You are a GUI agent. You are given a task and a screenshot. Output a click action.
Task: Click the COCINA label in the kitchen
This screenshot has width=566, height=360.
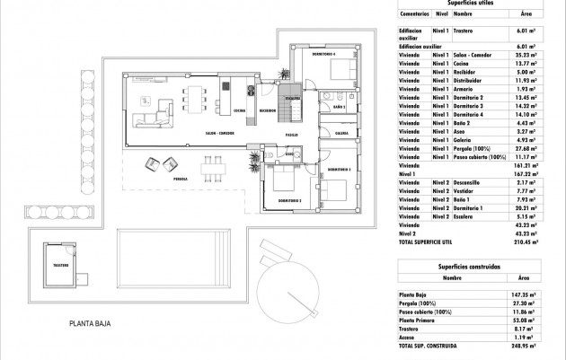point(238,110)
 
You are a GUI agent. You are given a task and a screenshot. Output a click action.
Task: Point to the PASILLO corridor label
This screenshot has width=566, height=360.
point(292,134)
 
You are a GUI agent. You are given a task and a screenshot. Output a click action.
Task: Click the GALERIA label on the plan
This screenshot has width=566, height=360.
point(341,132)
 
